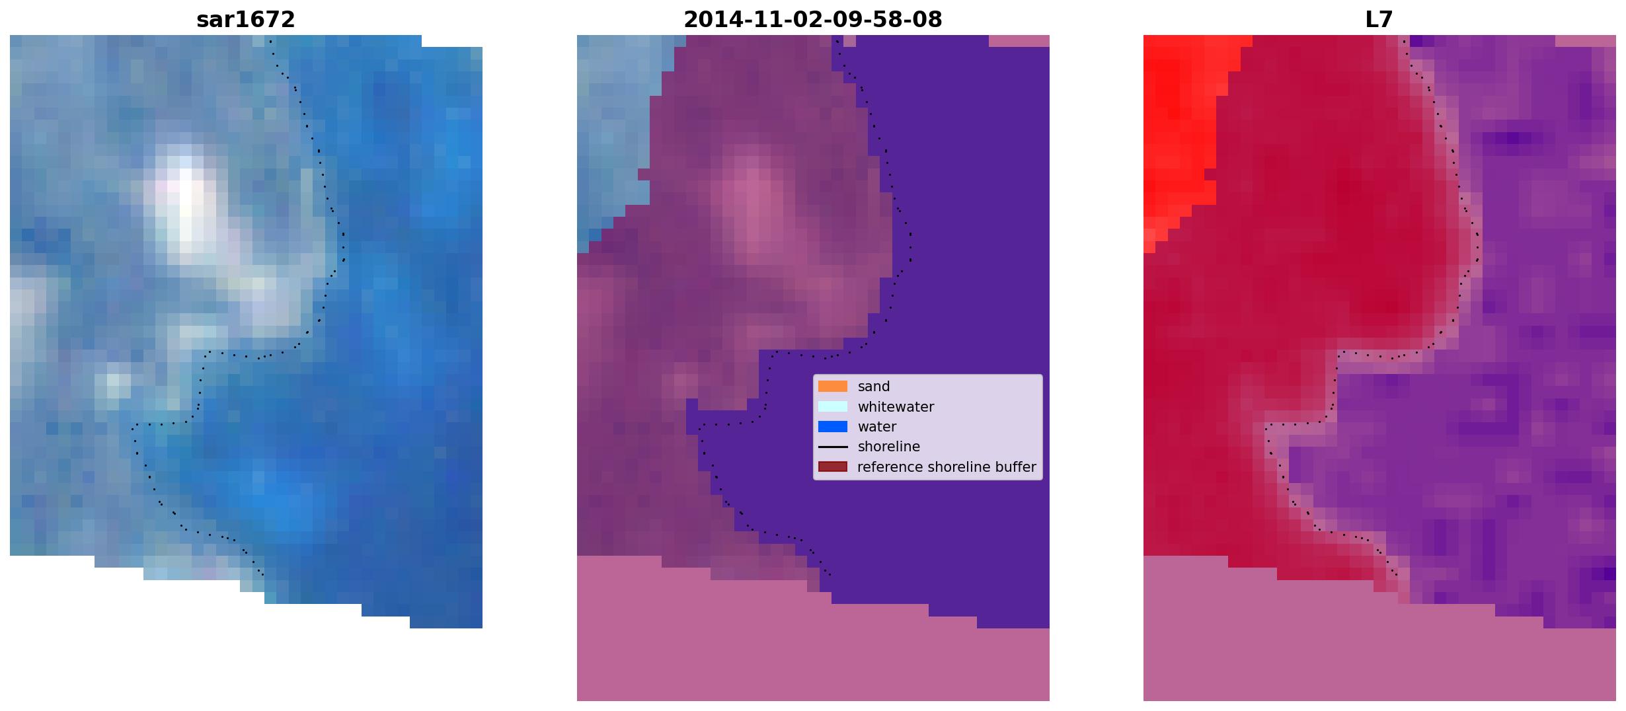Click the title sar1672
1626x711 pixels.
point(246,20)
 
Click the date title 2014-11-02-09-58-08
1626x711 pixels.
point(813,20)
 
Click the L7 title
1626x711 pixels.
point(1379,20)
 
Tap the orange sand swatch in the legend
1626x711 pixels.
point(833,387)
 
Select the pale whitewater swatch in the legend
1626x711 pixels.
point(833,406)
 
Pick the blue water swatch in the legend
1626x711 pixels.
point(833,427)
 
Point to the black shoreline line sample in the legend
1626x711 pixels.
point(833,447)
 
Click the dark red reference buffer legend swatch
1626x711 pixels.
point(833,467)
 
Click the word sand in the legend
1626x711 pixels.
point(874,387)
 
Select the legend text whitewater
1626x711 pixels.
point(896,406)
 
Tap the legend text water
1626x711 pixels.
point(877,427)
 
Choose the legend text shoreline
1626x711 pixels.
point(889,447)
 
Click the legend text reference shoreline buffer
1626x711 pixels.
point(947,467)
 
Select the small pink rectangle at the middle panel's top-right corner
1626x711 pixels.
point(1019,41)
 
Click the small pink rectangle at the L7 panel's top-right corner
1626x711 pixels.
point(1586,41)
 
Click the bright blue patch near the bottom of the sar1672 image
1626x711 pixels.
point(278,496)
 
